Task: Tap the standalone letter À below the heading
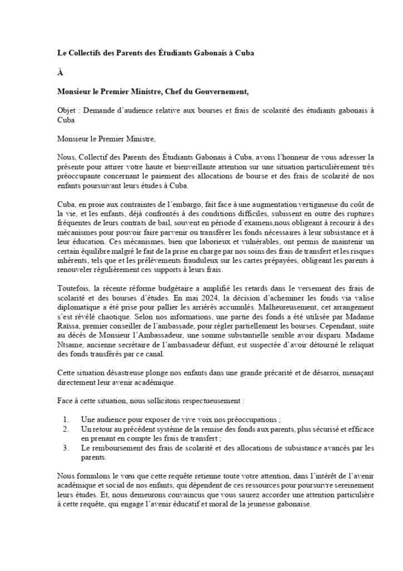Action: (60, 71)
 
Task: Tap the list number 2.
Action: (66, 429)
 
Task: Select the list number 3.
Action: (66, 447)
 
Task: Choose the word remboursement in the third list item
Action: (115, 447)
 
